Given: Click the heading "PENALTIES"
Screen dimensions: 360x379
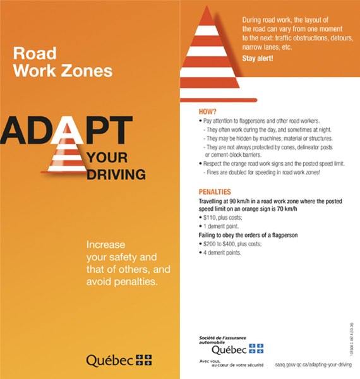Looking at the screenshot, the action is point(214,191).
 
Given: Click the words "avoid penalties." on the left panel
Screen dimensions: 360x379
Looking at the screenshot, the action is point(121,281).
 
